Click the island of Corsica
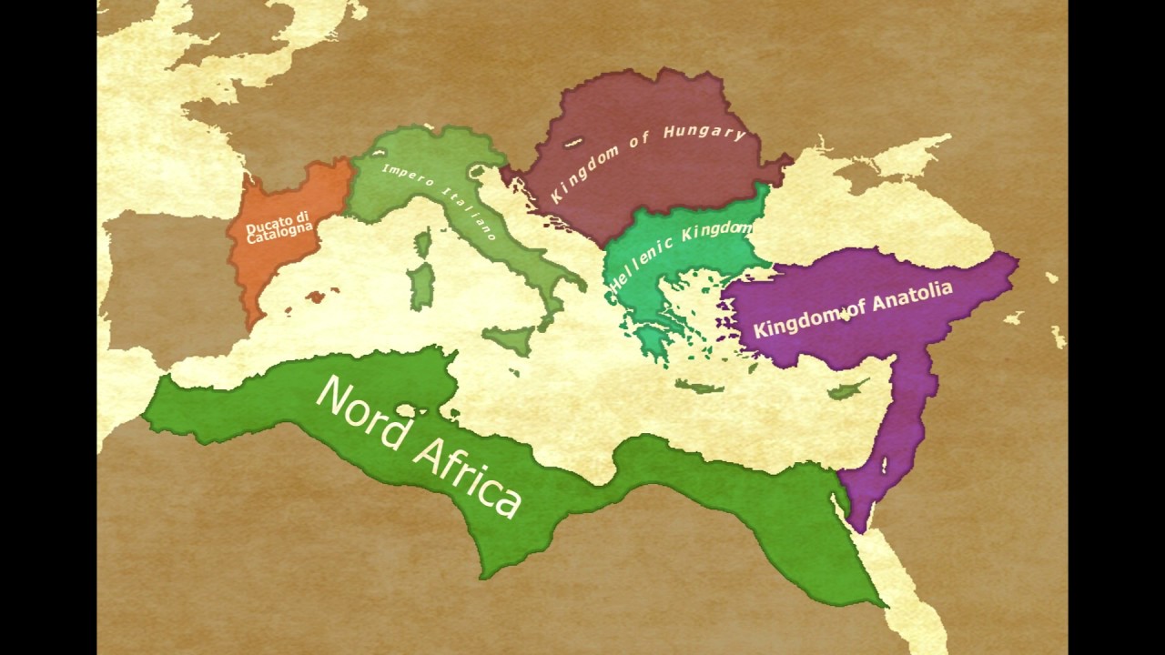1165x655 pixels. coord(422,243)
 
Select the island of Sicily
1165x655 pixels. coord(510,341)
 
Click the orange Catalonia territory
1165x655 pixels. coord(273,264)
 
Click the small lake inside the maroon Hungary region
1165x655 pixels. coord(573,142)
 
